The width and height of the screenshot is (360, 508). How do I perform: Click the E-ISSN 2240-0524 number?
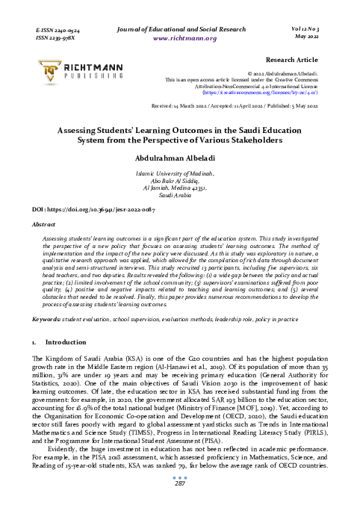click(x=58, y=28)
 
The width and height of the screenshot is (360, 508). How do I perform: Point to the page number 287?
click(x=179, y=484)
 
